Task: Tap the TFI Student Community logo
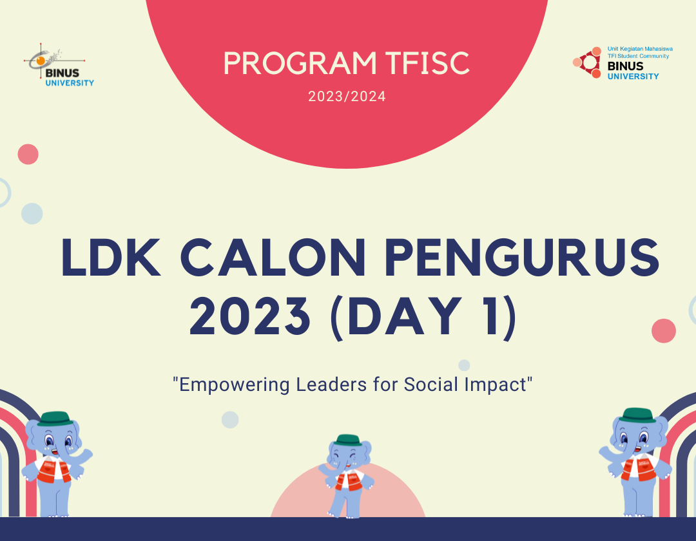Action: click(x=616, y=62)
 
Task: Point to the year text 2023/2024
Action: click(x=347, y=97)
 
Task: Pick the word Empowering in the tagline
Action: click(x=233, y=384)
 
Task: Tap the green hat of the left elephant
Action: click(x=53, y=419)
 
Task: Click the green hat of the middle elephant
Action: click(x=347, y=440)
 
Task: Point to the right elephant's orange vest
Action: click(x=639, y=467)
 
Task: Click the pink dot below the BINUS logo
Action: click(x=28, y=155)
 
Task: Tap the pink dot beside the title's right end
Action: click(x=663, y=330)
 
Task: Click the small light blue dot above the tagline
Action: click(x=464, y=365)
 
